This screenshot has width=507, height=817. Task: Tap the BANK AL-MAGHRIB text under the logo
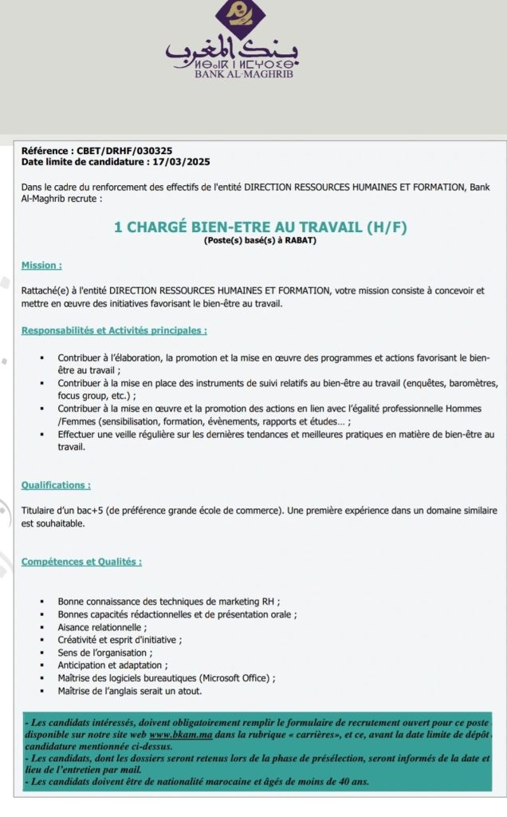[233, 75]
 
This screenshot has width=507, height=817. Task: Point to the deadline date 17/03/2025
[181, 161]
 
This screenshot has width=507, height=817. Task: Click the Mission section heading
[41, 266]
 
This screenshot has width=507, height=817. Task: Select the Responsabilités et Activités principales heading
[114, 330]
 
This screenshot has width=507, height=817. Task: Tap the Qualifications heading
[56, 484]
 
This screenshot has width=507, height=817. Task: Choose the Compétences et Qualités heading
[81, 562]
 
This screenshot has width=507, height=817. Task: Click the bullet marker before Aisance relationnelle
[41, 627]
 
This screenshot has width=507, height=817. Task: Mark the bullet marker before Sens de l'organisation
[41, 653]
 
